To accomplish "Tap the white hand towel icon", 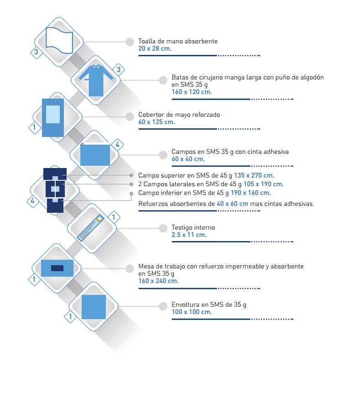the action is tap(59, 41).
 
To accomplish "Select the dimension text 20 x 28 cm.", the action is tap(155, 48).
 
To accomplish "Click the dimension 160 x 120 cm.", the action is tap(192, 92).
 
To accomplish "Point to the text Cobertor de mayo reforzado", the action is tap(179, 115).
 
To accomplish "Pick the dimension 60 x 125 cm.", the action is tap(157, 122).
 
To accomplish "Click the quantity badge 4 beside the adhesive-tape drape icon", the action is tap(117, 145).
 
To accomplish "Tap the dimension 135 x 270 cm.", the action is tap(254, 175).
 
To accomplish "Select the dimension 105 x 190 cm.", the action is tap(263, 184).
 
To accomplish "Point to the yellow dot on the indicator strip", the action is tap(99, 219).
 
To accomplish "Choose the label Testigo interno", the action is tap(193, 227).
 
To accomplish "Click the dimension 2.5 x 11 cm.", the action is tap(189, 235).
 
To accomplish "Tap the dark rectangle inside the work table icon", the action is tap(57, 268).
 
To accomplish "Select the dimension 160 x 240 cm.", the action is tap(158, 281).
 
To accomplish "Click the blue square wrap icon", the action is tap(94, 307).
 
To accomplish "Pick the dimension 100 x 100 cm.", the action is tap(192, 312).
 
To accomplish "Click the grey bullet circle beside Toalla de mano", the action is tap(130, 42).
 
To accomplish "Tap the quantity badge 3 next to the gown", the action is tap(119, 69).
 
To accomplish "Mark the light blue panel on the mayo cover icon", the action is tap(53, 114).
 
